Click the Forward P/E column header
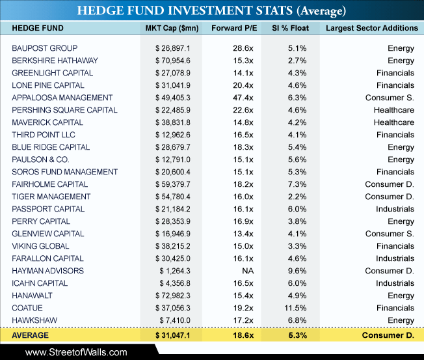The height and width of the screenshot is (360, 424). click(x=234, y=28)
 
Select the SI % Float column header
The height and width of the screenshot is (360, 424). click(x=291, y=28)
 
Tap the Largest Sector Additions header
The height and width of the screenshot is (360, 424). click(x=372, y=28)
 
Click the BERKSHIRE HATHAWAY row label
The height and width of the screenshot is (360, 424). click(x=55, y=61)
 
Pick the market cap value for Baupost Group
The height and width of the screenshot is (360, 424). click(x=173, y=48)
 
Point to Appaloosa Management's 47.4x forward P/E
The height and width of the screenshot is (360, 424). click(x=243, y=98)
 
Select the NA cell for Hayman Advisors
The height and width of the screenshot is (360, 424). click(x=248, y=271)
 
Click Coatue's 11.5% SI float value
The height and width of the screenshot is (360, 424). click(x=295, y=308)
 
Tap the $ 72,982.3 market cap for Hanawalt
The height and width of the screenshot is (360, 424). click(x=173, y=296)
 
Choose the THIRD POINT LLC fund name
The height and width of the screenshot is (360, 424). click(x=44, y=135)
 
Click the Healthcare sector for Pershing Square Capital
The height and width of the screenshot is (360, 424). click(x=394, y=110)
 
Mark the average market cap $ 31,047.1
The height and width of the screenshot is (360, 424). click(x=173, y=335)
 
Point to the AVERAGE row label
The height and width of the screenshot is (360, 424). click(x=31, y=335)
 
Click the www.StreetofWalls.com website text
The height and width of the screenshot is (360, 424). click(x=76, y=352)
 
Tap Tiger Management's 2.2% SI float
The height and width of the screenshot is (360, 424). click(x=297, y=197)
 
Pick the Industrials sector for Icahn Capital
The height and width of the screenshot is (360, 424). click(x=395, y=283)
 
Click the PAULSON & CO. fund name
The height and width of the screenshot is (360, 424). click(x=40, y=159)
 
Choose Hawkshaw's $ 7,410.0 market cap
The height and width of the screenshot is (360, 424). click(x=175, y=320)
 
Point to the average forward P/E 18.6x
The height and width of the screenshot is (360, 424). click(x=243, y=335)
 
